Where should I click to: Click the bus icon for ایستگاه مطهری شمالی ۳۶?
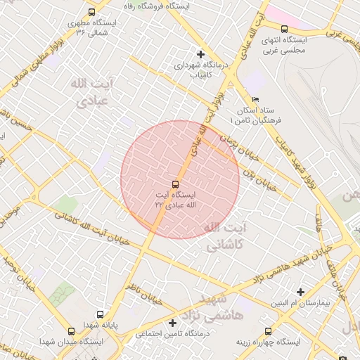(x=92, y=12)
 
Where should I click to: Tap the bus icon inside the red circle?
(x=175, y=184)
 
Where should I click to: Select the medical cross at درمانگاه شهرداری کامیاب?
(x=201, y=54)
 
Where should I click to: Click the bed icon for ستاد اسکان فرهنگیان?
(x=255, y=100)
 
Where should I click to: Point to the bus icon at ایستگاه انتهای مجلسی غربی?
(x=284, y=30)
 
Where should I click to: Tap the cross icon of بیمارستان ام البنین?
(x=301, y=292)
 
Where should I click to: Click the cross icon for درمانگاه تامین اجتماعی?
(x=172, y=323)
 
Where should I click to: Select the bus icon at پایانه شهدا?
(x=100, y=314)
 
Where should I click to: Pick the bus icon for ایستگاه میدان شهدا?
(x=70, y=331)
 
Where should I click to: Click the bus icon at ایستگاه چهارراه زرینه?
(x=267, y=330)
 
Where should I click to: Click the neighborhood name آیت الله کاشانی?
(x=225, y=238)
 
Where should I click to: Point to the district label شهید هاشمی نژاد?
(x=217, y=308)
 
